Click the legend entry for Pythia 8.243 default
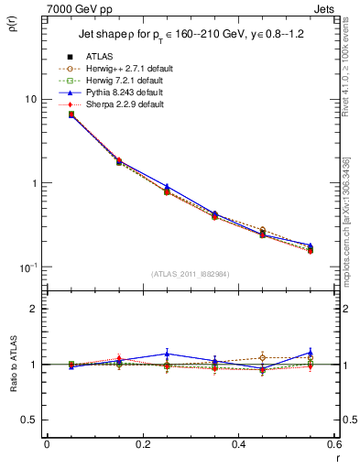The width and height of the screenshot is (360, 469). [x=126, y=93]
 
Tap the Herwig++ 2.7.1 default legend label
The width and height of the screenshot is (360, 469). [x=128, y=70]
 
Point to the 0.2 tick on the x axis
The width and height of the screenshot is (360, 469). [x=141, y=446]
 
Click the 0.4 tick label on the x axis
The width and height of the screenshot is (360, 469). [x=237, y=446]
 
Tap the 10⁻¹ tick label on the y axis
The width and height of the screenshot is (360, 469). [x=27, y=267]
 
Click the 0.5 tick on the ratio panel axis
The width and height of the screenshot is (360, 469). [x=28, y=420]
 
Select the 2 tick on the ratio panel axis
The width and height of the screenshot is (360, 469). [x=32, y=309]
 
